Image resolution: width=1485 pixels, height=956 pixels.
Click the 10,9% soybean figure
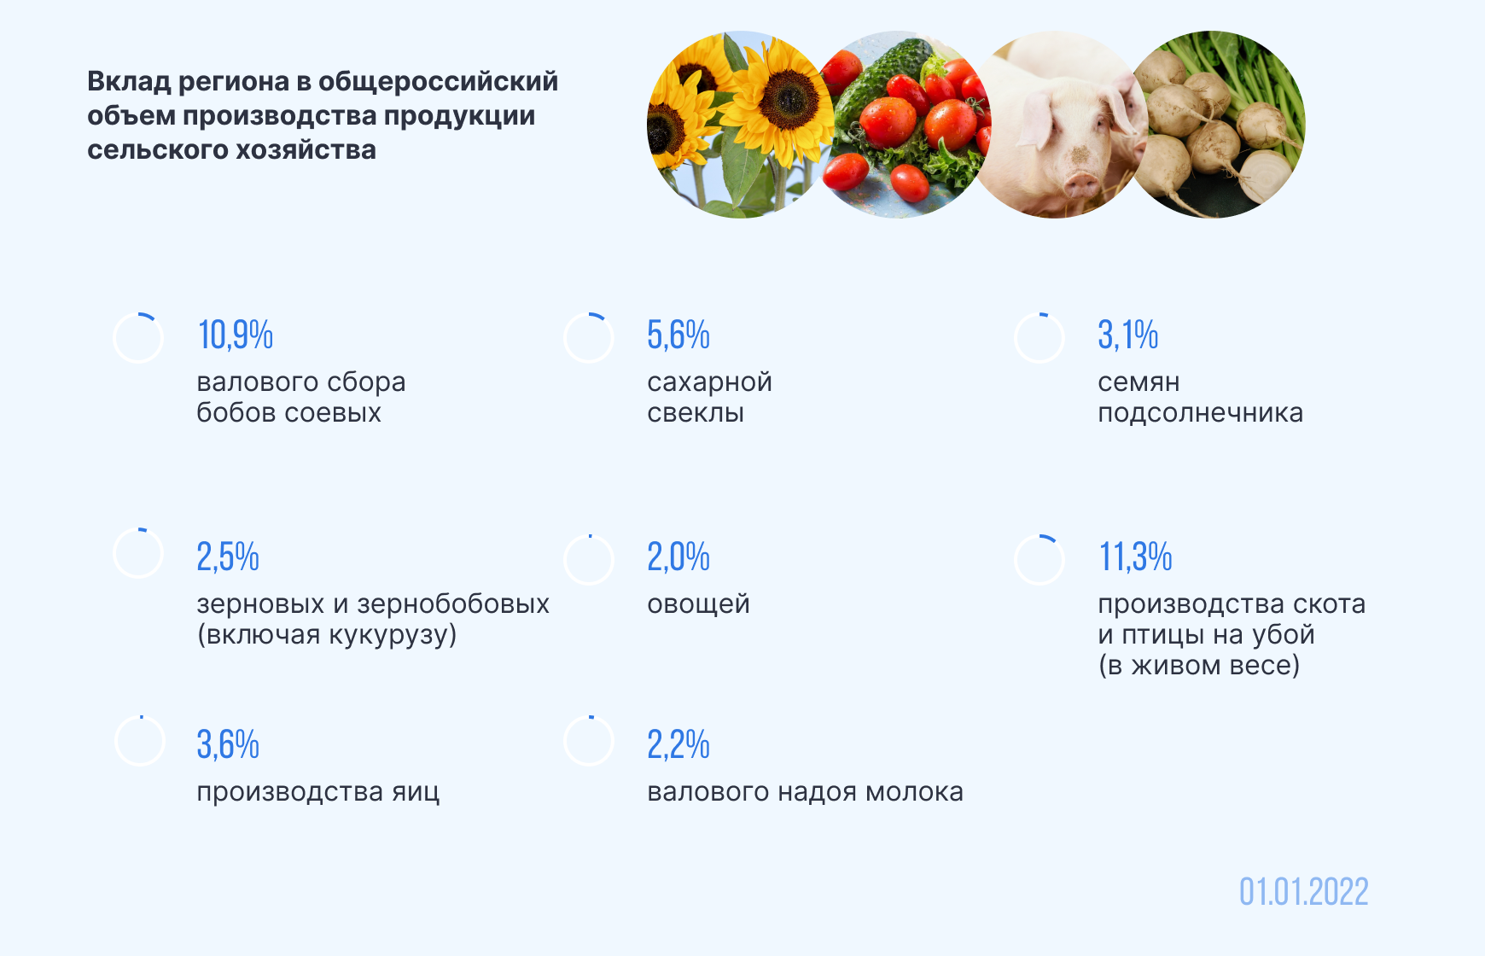pos(236,335)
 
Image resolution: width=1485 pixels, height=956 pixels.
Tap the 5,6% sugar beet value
pos(678,335)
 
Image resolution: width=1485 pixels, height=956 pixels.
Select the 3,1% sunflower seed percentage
pos(1128,335)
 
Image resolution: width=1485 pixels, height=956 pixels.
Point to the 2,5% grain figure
pos(228,557)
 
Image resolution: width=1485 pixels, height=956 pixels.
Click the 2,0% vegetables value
pos(678,557)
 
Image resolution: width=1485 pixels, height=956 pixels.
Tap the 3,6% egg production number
pos(228,744)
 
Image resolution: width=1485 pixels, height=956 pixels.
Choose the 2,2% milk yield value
pos(678,744)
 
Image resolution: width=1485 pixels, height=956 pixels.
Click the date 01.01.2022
pos(1304,892)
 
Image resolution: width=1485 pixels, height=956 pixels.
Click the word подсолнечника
pos(1200,413)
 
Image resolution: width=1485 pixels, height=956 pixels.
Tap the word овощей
pos(698,604)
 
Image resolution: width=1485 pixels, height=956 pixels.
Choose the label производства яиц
pos(318,792)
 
